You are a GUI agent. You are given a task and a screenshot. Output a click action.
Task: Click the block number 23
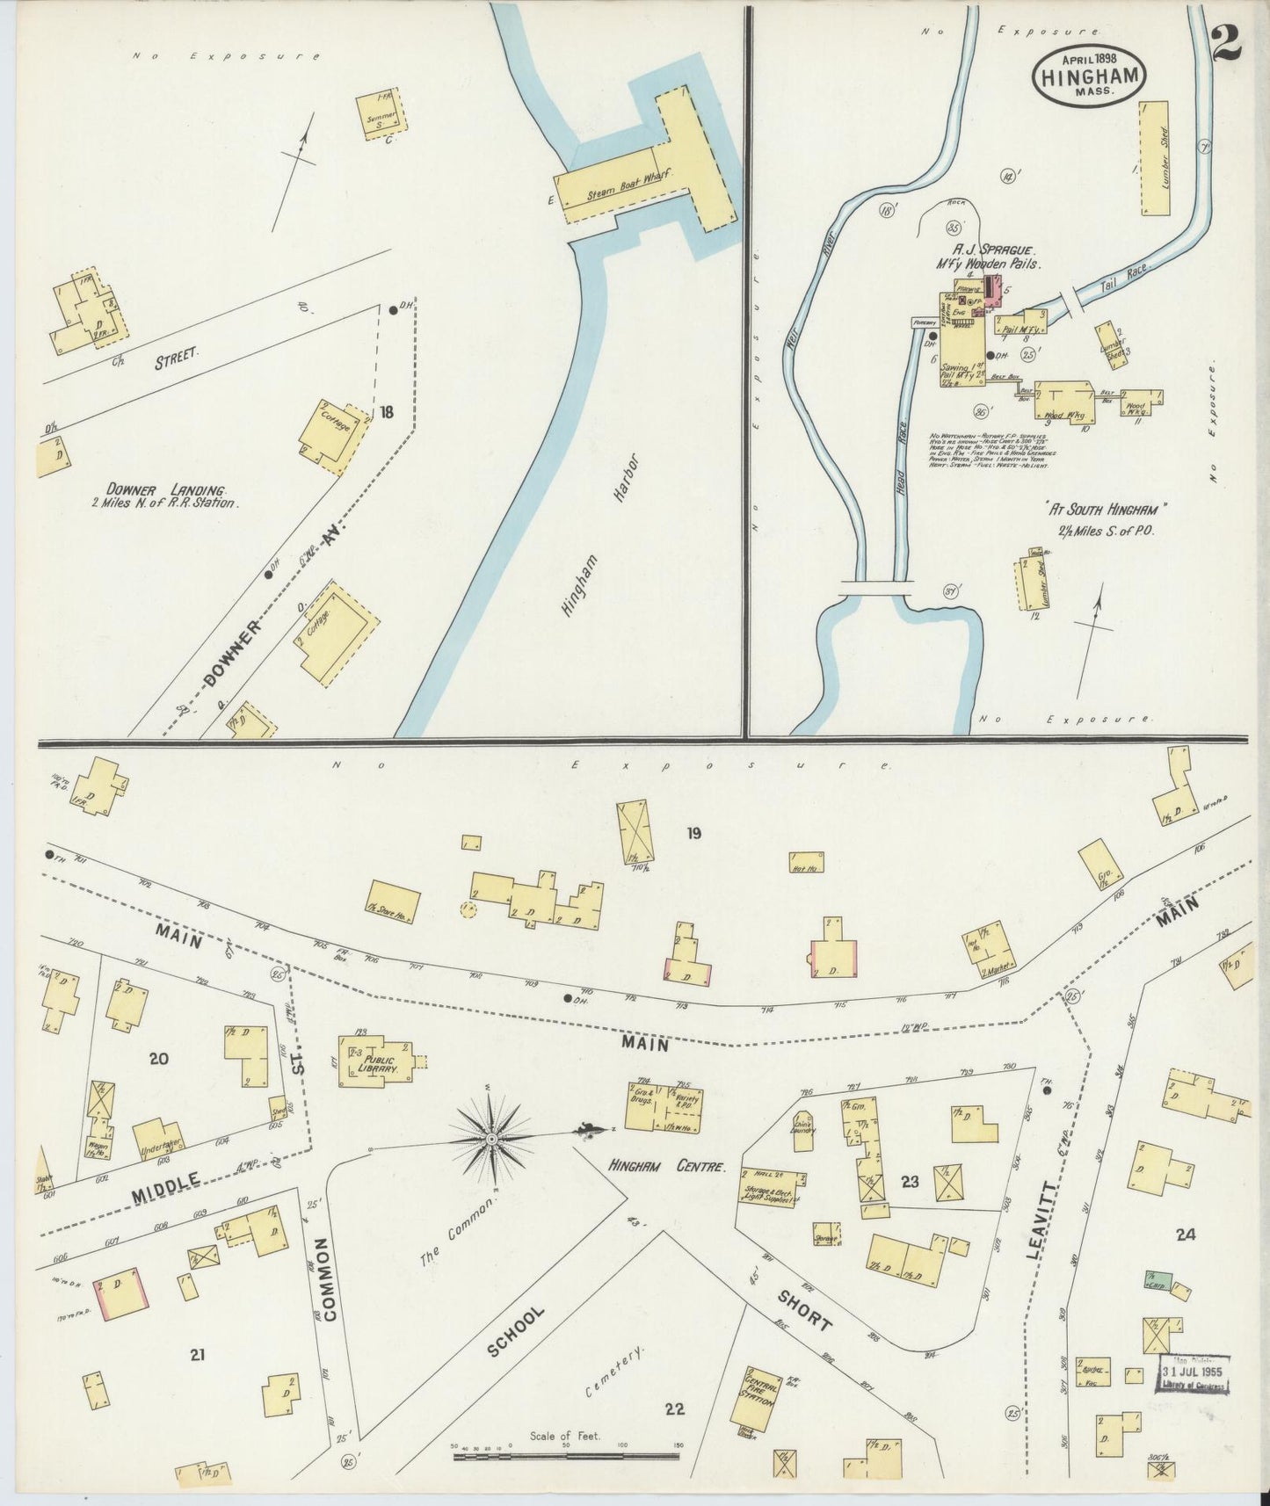pos(909,1182)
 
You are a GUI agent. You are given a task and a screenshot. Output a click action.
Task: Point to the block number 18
pos(387,411)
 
